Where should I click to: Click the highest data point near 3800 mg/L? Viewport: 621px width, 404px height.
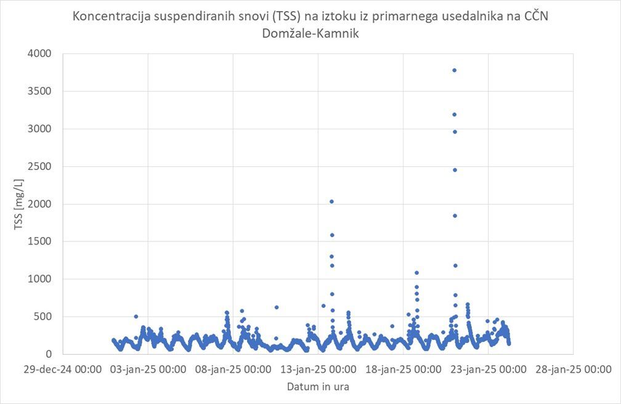tap(454, 70)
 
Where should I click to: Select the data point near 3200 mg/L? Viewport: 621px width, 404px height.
tap(454, 115)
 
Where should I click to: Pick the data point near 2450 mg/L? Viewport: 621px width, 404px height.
tap(455, 170)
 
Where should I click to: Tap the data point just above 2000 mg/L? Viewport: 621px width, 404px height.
tap(331, 201)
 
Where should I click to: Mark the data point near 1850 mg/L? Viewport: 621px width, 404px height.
tap(455, 216)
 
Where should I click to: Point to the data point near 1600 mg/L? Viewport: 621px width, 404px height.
tap(332, 235)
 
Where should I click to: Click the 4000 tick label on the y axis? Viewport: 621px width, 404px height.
tap(40, 54)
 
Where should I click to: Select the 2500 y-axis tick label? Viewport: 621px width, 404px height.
tap(40, 166)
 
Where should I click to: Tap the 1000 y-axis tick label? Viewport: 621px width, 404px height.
tap(40, 279)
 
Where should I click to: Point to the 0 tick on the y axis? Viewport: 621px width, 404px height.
tap(49, 354)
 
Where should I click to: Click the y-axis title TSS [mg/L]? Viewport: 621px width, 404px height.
tap(18, 204)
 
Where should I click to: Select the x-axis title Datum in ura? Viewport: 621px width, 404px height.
tap(319, 387)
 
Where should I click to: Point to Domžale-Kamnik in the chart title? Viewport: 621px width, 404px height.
tap(310, 34)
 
